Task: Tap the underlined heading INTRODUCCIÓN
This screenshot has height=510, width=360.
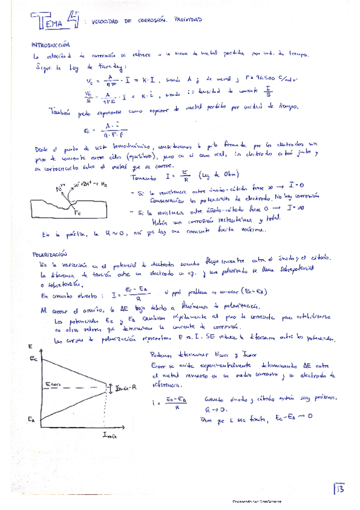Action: coord(51,45)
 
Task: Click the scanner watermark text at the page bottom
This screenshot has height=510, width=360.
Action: coord(258,500)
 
